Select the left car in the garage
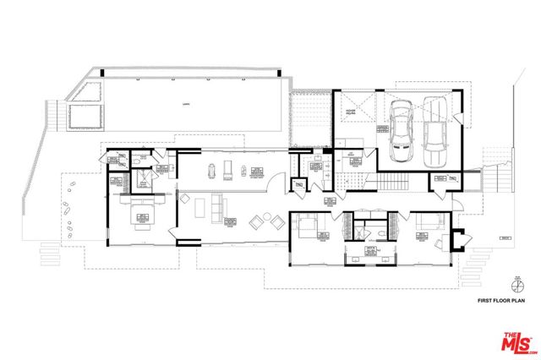coord(402,135)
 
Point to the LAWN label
coord(184,104)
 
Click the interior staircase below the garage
coord(394,183)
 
